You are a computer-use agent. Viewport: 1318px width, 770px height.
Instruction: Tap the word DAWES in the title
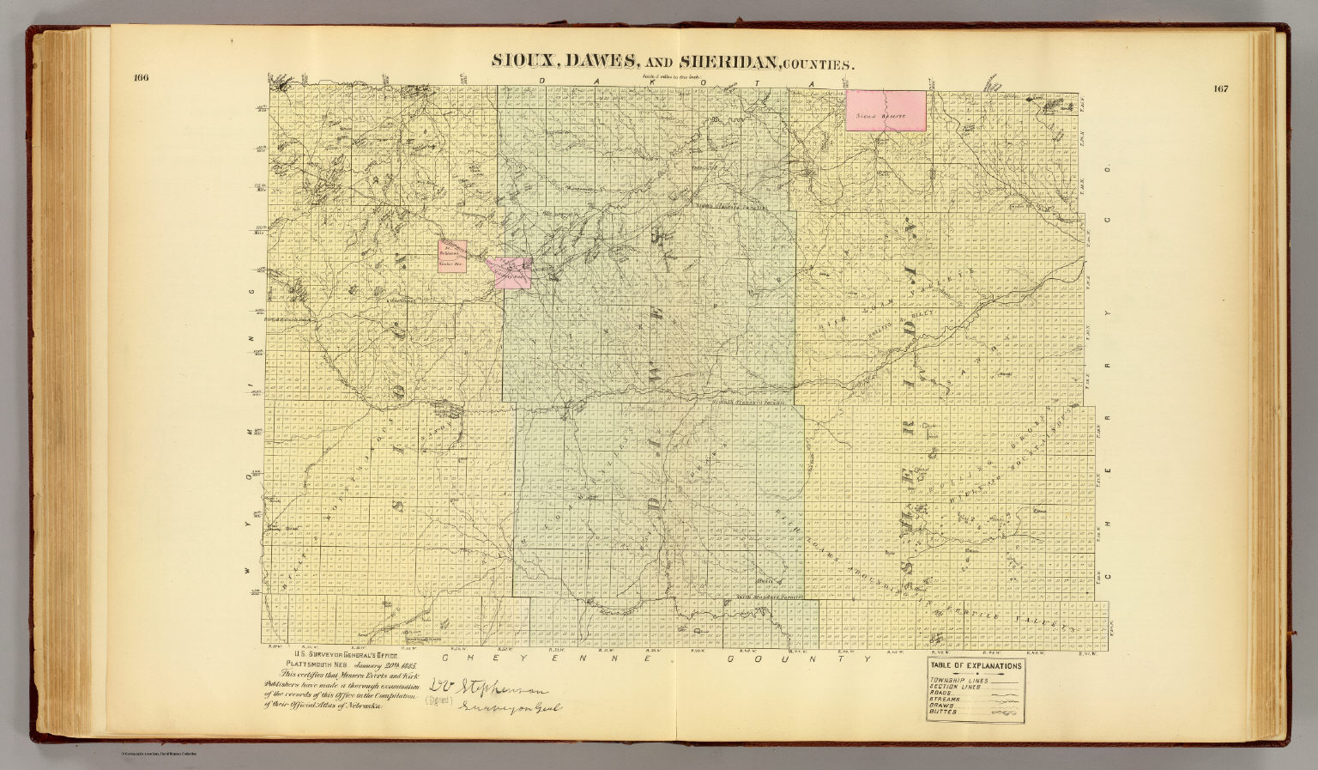click(601, 61)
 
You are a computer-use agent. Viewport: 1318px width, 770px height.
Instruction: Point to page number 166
click(142, 79)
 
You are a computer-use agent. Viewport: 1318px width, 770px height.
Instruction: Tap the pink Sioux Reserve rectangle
click(886, 110)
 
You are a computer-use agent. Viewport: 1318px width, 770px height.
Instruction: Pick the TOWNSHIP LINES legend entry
click(958, 681)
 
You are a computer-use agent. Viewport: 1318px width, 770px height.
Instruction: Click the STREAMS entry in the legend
click(946, 700)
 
